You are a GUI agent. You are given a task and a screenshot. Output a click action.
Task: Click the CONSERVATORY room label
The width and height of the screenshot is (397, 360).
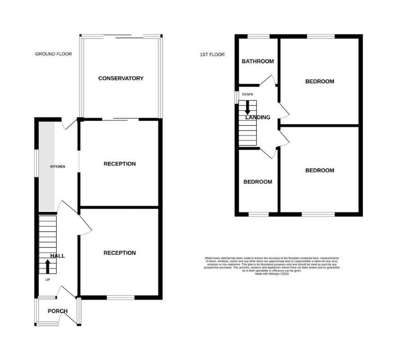pyautogui.click(x=121, y=78)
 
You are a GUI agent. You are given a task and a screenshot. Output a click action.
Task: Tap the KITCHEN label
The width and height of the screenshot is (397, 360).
pyautogui.click(x=57, y=166)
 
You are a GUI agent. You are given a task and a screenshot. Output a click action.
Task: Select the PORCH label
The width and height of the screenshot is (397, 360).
pyautogui.click(x=58, y=311)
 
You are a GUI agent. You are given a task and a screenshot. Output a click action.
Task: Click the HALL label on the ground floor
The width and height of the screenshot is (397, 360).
pyautogui.click(x=57, y=256)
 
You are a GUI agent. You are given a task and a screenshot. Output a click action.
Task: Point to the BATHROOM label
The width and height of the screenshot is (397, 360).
pyautogui.click(x=257, y=61)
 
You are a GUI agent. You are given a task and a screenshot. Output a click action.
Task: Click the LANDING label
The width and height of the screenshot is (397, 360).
pyautogui.click(x=258, y=117)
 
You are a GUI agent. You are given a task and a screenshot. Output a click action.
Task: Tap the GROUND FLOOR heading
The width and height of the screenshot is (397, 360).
pyautogui.click(x=53, y=54)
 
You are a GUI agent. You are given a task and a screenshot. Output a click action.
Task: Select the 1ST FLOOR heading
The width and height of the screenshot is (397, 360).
pyautogui.click(x=212, y=55)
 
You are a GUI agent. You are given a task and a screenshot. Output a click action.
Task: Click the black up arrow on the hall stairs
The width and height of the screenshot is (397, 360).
pyautogui.click(x=48, y=266)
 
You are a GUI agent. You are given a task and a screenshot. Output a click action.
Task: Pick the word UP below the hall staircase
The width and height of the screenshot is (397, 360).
pyautogui.click(x=48, y=279)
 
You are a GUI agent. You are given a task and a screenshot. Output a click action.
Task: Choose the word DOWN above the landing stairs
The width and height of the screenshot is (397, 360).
pyautogui.click(x=247, y=94)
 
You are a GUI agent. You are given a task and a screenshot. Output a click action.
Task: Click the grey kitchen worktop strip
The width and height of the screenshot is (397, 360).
pyautogui.click(x=47, y=166)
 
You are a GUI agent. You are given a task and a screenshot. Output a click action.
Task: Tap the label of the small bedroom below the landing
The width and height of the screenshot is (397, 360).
pyautogui.click(x=257, y=182)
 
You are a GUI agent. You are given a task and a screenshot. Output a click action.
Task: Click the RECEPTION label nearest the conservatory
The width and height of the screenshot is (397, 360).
pyautogui.click(x=119, y=164)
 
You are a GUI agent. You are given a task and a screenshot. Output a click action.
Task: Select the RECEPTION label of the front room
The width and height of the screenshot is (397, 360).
pyautogui.click(x=119, y=253)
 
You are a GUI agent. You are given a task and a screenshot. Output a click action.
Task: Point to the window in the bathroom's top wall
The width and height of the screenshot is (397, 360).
pyautogui.click(x=258, y=36)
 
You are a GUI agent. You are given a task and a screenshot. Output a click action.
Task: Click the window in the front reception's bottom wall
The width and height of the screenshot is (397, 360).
pyautogui.click(x=121, y=297)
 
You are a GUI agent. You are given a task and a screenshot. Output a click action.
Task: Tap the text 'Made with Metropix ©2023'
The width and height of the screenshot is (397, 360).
pyautogui.click(x=271, y=274)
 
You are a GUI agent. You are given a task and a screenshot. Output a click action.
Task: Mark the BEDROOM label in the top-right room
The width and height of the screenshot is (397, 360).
pyautogui.click(x=320, y=81)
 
